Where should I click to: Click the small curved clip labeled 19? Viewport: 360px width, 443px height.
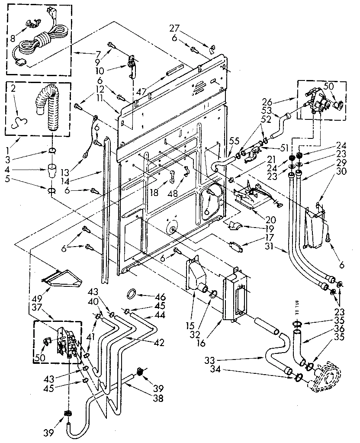(234, 225)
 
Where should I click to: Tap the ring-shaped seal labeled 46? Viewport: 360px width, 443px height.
(130, 294)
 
